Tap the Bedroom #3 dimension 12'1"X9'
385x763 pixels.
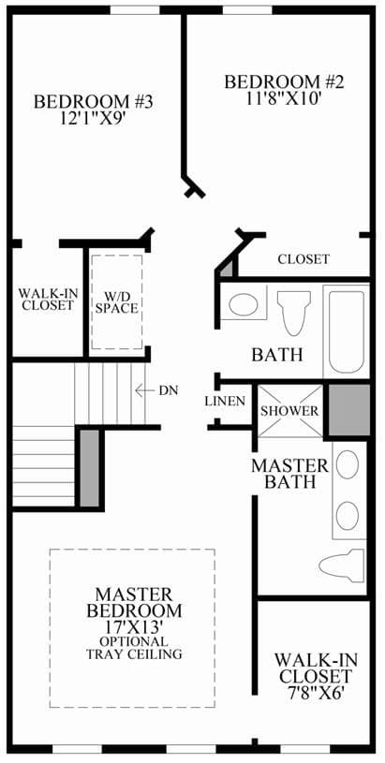tap(94, 118)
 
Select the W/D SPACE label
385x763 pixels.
tap(117, 301)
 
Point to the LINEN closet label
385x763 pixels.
tap(225, 402)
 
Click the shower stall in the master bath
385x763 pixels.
tap(290, 411)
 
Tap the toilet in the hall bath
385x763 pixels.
tap(294, 313)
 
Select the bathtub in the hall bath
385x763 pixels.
tap(347, 331)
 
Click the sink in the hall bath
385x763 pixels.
tap(243, 305)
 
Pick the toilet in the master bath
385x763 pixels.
tap(342, 565)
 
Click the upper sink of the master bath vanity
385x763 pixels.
tap(348, 464)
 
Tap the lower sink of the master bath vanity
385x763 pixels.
tap(348, 515)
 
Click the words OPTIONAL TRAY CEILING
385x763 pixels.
tap(134, 648)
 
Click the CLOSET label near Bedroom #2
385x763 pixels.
tap(304, 259)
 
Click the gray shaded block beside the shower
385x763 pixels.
tap(349, 410)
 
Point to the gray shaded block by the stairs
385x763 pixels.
tap(89, 468)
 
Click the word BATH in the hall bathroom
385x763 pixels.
tap(277, 355)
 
